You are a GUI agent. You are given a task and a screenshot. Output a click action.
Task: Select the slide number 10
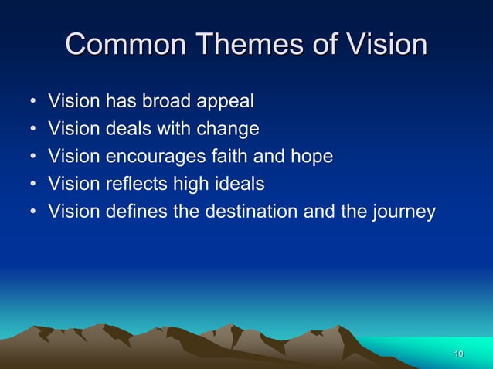pyautogui.click(x=458, y=354)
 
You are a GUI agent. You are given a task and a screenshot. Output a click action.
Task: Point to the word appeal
pyautogui.click(x=223, y=102)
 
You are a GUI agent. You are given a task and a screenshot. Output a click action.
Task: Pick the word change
pyautogui.click(x=228, y=129)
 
